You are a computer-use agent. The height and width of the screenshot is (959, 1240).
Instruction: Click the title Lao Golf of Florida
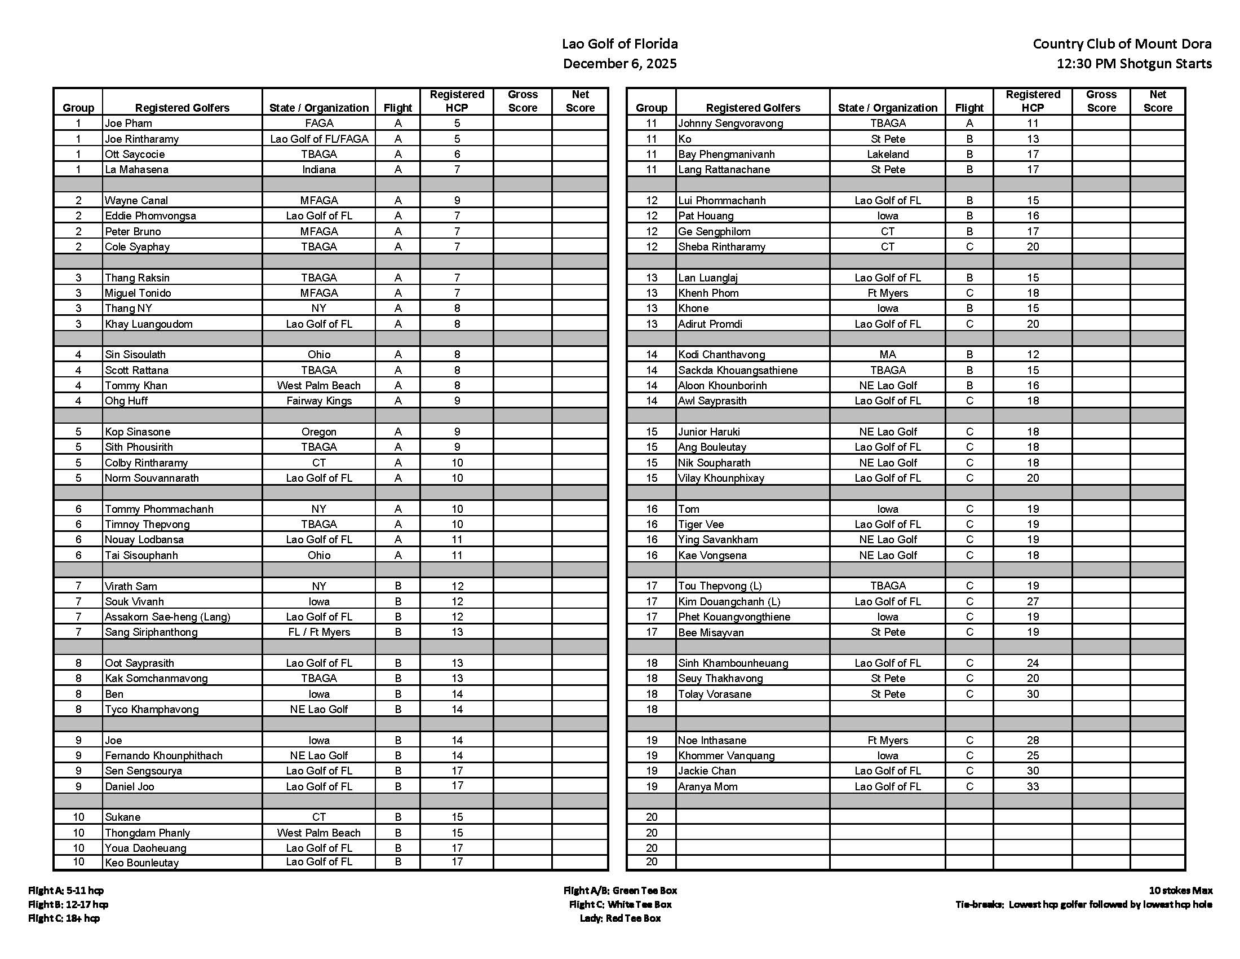point(619,44)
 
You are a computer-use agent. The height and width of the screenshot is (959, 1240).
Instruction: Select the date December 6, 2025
point(619,64)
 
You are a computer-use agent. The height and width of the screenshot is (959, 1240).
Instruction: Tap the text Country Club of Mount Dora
point(1122,44)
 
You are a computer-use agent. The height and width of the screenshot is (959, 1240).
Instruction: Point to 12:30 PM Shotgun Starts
point(1134,64)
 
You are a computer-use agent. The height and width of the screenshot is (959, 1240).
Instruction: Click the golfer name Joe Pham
point(129,124)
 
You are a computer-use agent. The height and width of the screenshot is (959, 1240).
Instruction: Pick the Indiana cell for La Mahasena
point(318,169)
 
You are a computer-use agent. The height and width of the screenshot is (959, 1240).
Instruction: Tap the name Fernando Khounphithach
point(163,755)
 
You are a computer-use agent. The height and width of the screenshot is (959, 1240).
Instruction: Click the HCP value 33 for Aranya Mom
point(1032,787)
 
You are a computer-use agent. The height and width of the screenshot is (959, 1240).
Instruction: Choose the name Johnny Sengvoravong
point(730,124)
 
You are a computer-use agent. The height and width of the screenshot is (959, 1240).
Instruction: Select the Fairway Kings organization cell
point(318,401)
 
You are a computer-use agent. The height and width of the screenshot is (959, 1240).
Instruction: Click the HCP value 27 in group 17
point(1032,602)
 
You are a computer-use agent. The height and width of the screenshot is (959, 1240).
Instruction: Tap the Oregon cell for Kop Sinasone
point(318,432)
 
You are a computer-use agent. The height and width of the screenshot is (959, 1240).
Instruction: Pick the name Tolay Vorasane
point(714,694)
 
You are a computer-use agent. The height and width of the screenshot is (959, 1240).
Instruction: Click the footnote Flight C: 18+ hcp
point(64,918)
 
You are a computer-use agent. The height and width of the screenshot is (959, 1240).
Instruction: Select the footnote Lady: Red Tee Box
point(620,918)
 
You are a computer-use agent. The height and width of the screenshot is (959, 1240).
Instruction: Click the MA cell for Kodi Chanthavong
point(887,354)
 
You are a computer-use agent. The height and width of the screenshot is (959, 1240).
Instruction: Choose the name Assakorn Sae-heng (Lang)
point(167,617)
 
